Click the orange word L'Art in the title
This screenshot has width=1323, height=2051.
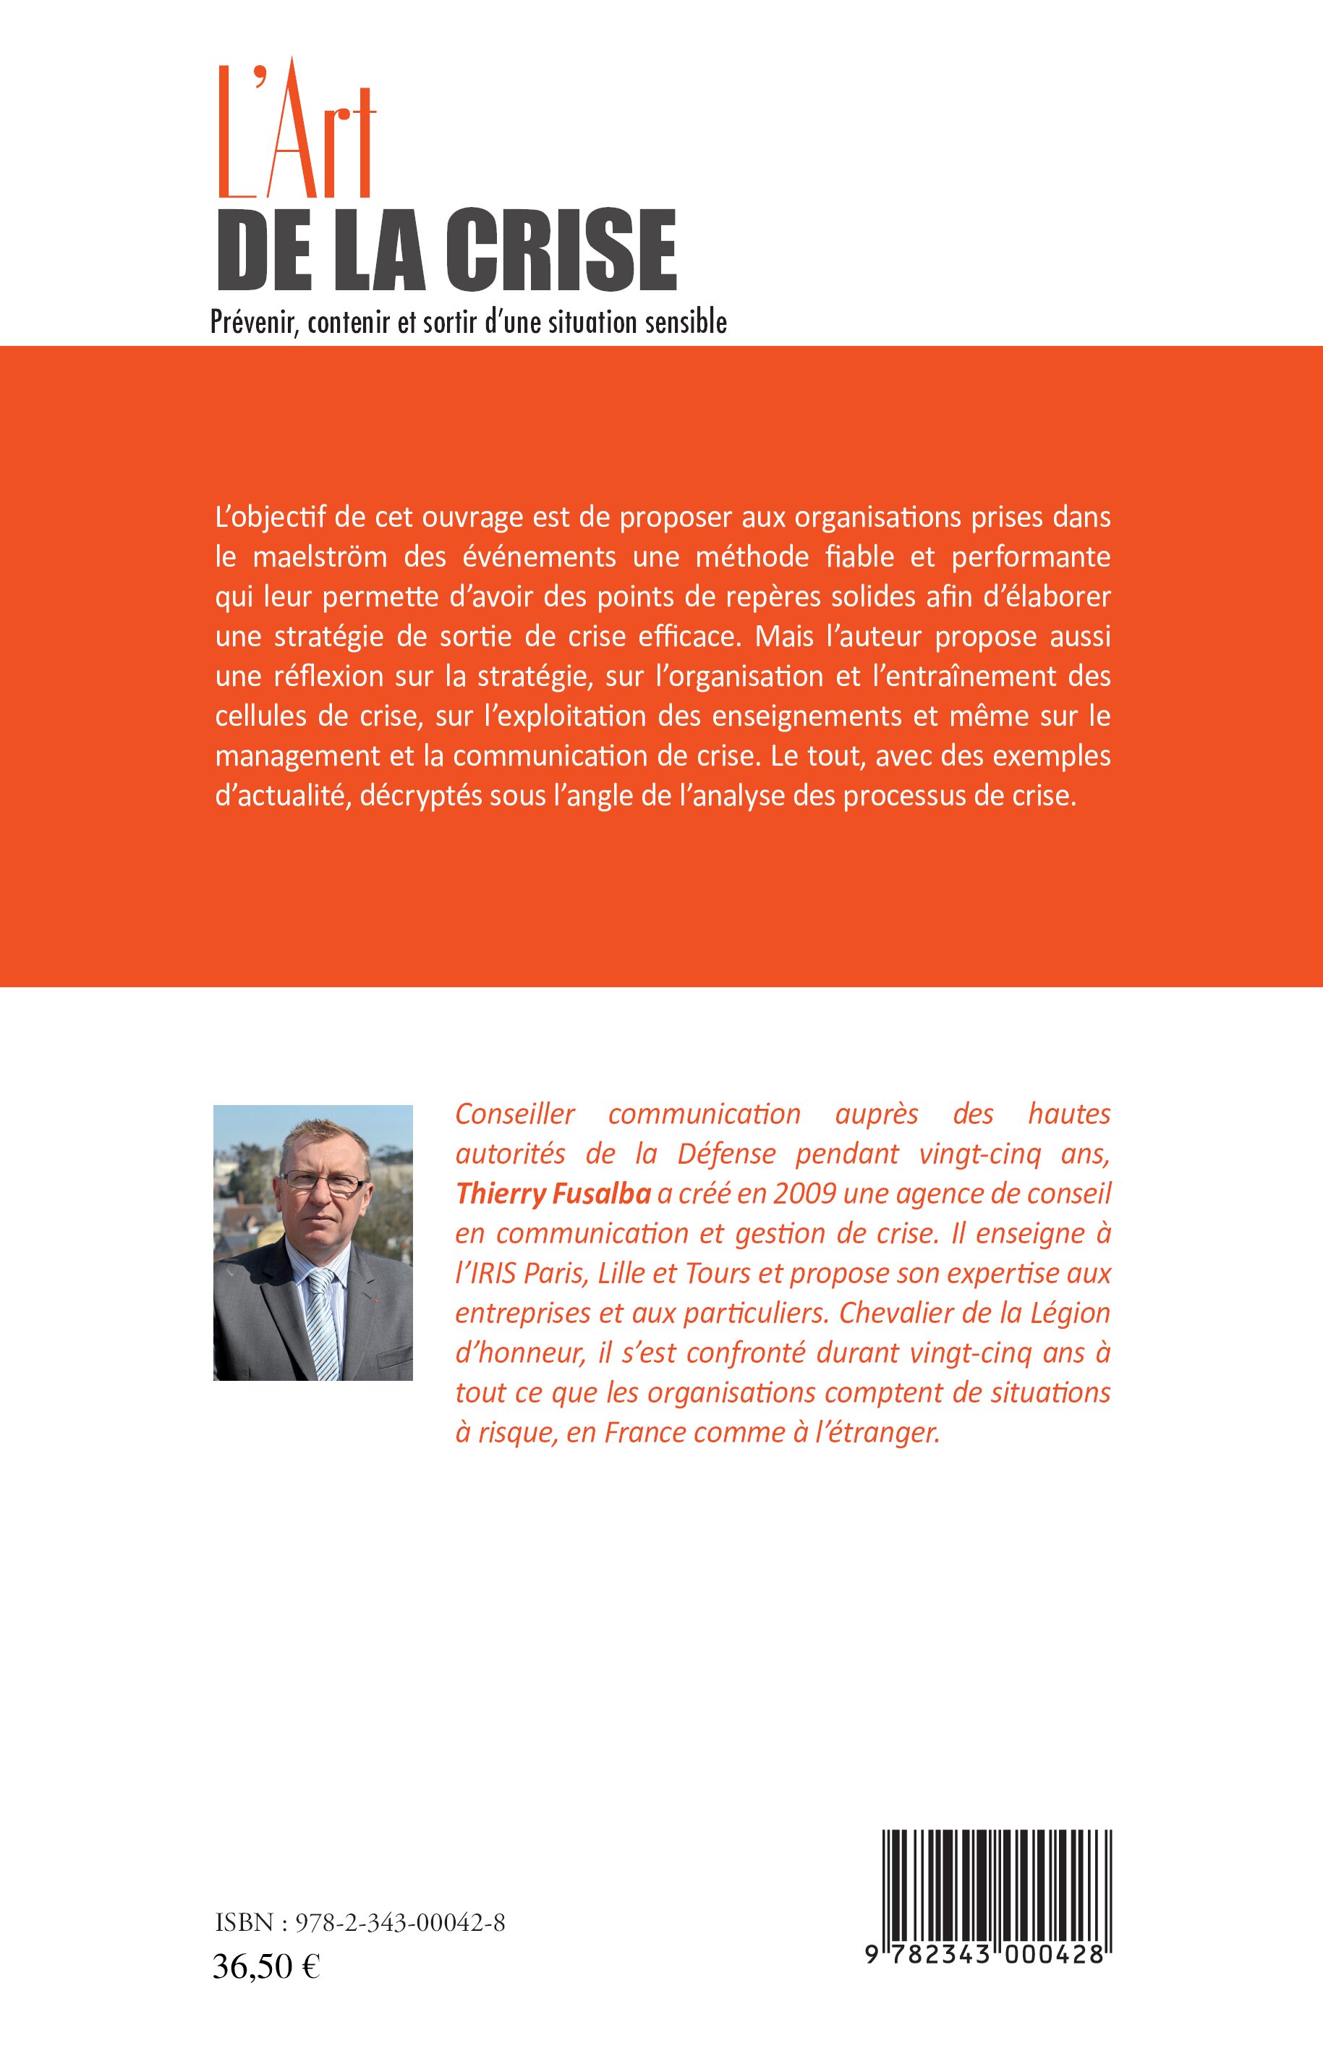[297, 133]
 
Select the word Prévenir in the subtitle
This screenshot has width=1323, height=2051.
[255, 322]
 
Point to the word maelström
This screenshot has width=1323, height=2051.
[320, 557]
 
